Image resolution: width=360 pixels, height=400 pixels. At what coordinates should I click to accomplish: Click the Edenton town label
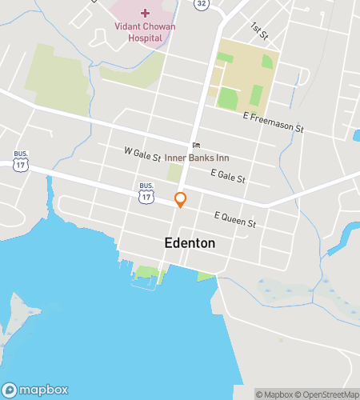[x=190, y=242]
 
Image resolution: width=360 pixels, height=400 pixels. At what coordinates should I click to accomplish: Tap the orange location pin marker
[x=181, y=200]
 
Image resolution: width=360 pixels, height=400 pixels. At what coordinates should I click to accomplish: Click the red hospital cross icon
[x=145, y=12]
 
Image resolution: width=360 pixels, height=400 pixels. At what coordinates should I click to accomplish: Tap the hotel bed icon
[x=195, y=144]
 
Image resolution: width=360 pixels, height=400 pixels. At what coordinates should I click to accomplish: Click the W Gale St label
[x=143, y=151]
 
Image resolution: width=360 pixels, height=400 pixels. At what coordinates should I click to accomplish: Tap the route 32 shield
[x=200, y=3]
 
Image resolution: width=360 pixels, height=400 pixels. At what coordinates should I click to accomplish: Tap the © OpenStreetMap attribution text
[x=326, y=394]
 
